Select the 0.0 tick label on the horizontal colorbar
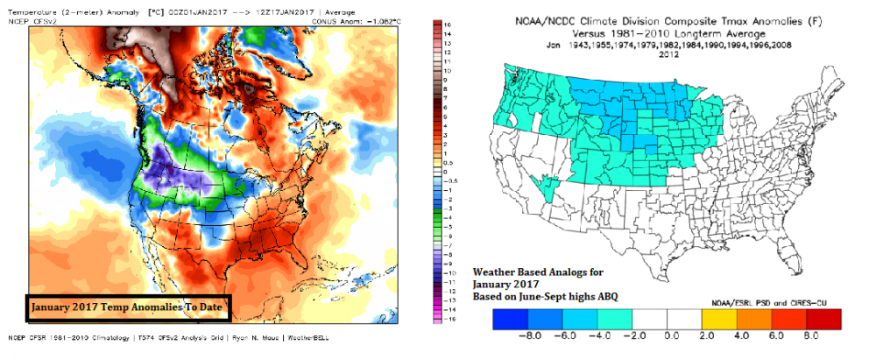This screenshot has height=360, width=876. tap(672, 333)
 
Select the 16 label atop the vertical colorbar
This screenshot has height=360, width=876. tap(449, 26)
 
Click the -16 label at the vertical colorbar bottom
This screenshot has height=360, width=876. tap(449, 320)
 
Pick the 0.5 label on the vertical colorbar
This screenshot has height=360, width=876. tap(449, 163)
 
